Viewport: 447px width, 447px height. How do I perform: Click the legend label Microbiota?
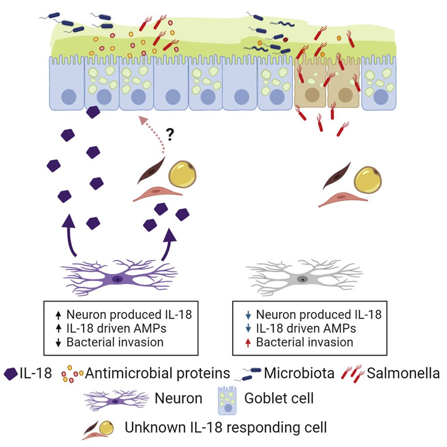tap(299, 373)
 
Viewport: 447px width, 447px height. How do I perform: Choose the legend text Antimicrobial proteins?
tap(158, 373)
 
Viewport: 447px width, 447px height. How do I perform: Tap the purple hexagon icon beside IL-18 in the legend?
tap(11, 373)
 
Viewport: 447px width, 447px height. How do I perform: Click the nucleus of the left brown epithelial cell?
tap(311, 95)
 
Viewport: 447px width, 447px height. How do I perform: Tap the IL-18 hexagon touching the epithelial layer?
tap(93, 112)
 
